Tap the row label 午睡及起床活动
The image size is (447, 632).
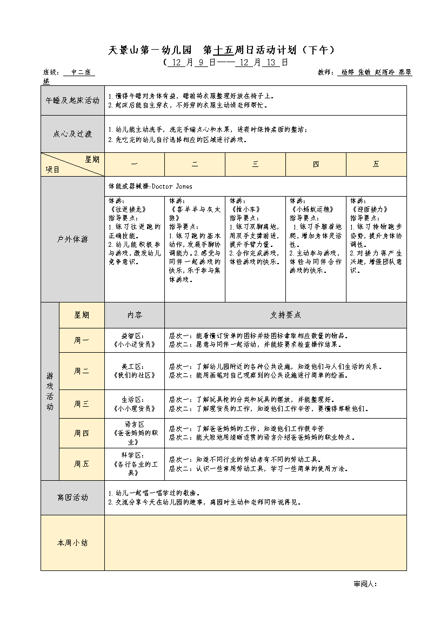coord(73,100)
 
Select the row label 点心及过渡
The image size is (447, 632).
coord(73,134)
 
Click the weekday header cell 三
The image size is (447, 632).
coord(255,164)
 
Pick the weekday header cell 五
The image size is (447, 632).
coord(376,164)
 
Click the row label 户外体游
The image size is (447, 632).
coord(73,239)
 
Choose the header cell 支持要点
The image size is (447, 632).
coord(285,315)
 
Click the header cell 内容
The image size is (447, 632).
coord(135,315)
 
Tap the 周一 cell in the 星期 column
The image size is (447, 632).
coord(82,340)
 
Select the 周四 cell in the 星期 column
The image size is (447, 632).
coord(82,433)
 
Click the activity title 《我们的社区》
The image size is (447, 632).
coord(135,375)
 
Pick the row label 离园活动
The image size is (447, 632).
coord(73,497)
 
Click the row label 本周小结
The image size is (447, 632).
coord(73,542)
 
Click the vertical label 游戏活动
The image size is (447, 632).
coord(50,391)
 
